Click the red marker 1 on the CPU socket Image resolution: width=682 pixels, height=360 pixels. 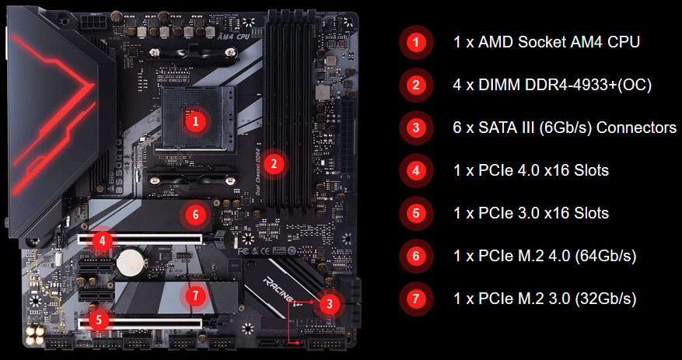tap(196, 121)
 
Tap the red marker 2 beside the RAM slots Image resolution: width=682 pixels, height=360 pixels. tap(273, 163)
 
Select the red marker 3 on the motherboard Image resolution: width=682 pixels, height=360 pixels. tap(330, 304)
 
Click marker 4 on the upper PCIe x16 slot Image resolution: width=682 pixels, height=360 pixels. tap(102, 240)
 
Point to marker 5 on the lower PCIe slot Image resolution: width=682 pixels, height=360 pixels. tap(97, 318)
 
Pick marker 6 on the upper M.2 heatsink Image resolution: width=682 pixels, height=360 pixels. tap(196, 214)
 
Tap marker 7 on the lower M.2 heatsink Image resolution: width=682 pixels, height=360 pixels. tap(196, 295)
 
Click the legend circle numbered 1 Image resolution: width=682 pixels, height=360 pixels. tap(417, 42)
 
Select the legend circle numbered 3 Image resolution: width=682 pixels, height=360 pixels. tap(417, 128)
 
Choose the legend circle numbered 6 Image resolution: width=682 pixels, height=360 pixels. tap(417, 255)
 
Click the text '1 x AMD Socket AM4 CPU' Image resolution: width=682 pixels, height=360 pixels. tap(546, 42)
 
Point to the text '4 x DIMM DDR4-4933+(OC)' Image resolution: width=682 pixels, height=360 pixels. tap(552, 85)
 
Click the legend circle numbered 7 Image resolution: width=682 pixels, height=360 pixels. tap(417, 298)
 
